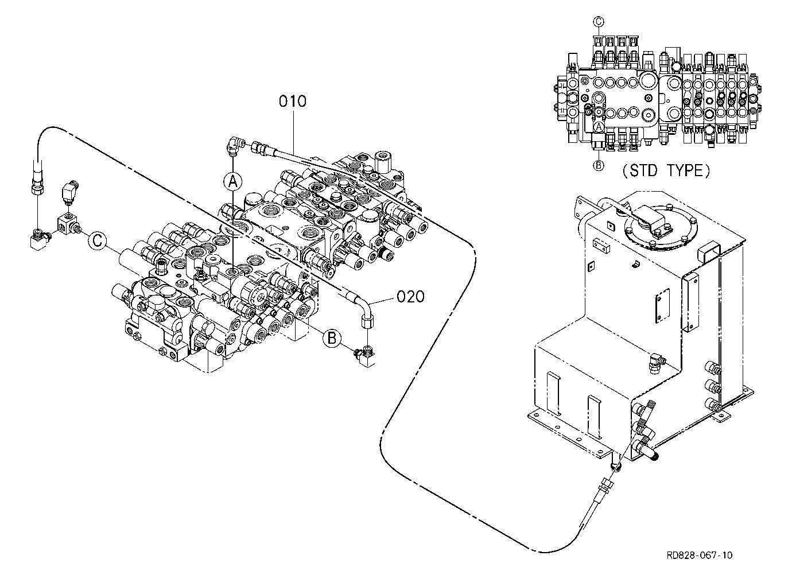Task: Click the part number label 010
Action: click(292, 102)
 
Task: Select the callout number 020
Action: click(410, 297)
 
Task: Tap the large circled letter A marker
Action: click(232, 181)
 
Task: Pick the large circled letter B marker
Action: click(332, 338)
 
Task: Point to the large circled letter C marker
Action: click(97, 241)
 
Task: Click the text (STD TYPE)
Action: click(666, 171)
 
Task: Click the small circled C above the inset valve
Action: click(598, 22)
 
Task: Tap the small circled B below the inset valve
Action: click(598, 165)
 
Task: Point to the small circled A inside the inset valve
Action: click(599, 127)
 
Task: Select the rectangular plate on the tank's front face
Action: click(662, 305)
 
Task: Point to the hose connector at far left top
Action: click(37, 179)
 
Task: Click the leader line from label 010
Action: click(293, 131)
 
